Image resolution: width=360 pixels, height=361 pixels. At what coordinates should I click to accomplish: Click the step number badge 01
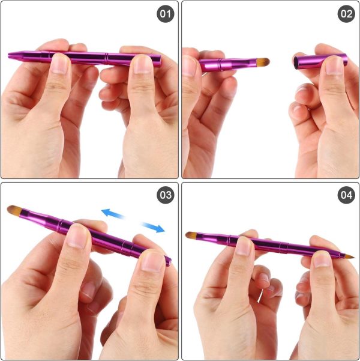tap(165, 14)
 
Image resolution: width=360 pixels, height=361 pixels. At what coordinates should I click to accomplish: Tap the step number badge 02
tap(346, 14)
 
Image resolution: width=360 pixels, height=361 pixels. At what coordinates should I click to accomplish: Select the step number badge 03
tap(165, 195)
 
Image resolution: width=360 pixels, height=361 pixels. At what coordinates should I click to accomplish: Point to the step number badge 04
tap(346, 195)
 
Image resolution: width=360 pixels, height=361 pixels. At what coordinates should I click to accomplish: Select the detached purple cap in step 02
tap(321, 61)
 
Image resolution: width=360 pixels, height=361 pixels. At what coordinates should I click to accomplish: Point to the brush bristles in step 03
tap(15, 210)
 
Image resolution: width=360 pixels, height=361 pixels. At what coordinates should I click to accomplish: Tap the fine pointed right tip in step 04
tap(351, 256)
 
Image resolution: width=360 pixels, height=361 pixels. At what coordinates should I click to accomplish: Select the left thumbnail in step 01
tap(61, 64)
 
